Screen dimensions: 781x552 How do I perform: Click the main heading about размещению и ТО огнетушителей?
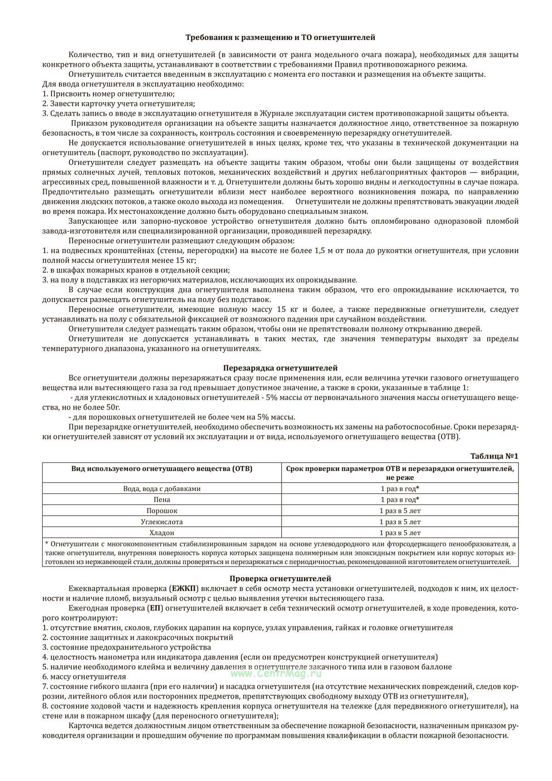[280, 37]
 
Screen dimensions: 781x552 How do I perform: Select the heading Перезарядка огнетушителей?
[280, 368]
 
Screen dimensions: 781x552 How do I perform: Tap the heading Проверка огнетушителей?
[280, 579]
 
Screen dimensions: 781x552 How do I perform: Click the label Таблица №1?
[494, 456]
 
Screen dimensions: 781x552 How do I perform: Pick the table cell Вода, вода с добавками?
[162, 489]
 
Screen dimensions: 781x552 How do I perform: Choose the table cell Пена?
[162, 500]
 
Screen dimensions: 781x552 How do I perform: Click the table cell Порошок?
[162, 511]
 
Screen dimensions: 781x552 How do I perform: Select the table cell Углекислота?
[162, 522]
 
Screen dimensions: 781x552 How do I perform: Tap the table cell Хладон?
[162, 533]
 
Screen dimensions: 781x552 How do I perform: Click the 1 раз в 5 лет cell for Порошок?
[400, 511]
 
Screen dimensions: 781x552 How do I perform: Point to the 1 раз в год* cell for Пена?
[400, 500]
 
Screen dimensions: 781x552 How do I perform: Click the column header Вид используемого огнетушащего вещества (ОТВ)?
[162, 469]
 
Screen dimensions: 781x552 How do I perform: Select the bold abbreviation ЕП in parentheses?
[154, 608]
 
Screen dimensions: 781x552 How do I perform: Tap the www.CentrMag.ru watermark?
[276, 673]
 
